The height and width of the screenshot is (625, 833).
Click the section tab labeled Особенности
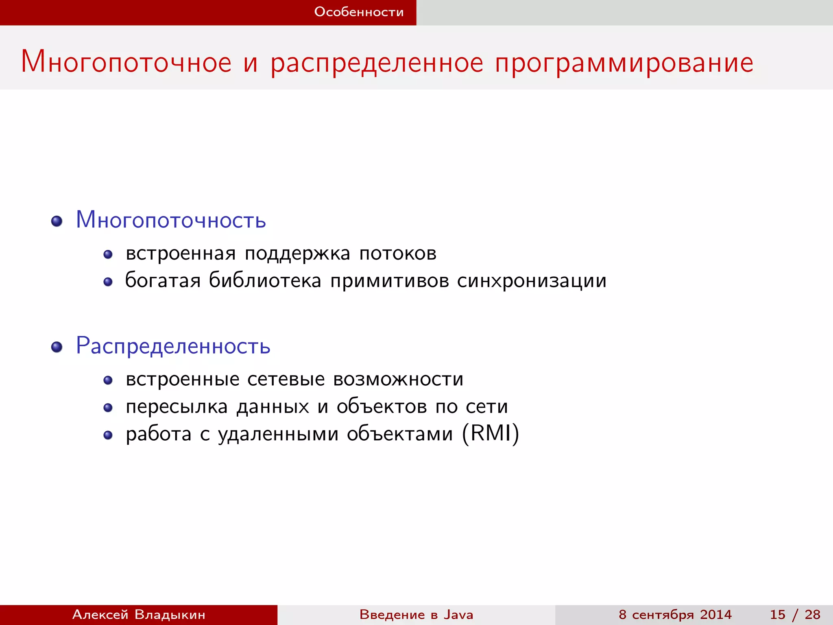(359, 12)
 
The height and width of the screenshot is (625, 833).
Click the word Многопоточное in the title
(126, 62)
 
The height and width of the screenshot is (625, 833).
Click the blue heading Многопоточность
(171, 220)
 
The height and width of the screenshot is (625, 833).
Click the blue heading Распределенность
(173, 346)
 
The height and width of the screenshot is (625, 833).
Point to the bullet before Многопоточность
(57, 221)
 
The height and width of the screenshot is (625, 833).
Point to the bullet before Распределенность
(57, 347)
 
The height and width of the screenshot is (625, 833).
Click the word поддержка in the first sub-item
(297, 253)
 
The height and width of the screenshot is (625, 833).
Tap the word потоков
(398, 253)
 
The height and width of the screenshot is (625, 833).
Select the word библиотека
(265, 280)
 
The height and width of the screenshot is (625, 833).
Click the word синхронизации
(532, 280)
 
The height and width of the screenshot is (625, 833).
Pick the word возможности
(398, 379)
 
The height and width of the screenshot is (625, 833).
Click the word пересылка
(177, 406)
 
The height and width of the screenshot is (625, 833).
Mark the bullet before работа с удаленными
(108, 435)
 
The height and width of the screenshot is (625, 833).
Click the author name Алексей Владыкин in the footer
(139, 614)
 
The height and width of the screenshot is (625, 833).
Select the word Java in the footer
(458, 614)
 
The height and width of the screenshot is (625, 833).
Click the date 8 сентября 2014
(675, 614)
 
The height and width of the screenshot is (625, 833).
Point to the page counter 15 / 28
(795, 614)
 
